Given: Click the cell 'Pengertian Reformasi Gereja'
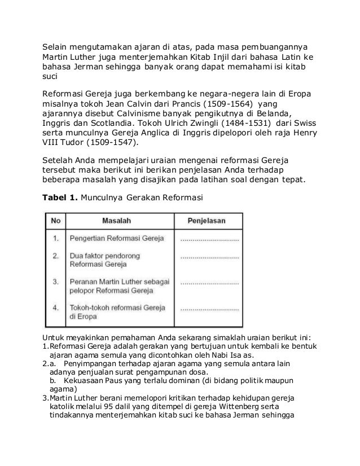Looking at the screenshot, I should click(x=116, y=239).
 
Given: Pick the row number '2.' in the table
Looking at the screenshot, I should click(x=56, y=256).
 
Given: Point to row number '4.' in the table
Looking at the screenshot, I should click(x=56, y=307).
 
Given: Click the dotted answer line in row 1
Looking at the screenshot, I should click(x=209, y=239).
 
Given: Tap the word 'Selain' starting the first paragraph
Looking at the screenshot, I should click(x=56, y=45).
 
